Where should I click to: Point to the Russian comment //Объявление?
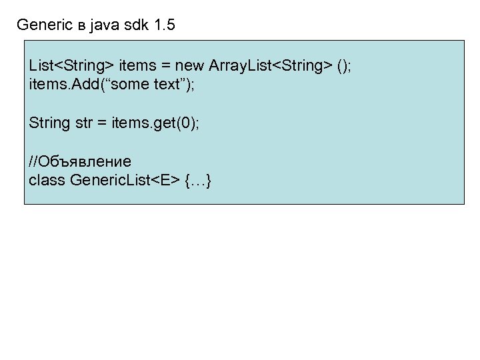click(80, 162)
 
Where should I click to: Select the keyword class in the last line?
click(47, 181)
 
